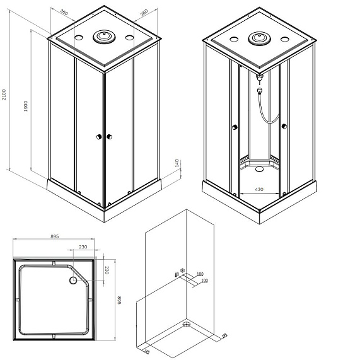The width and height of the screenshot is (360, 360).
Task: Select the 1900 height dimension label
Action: (26, 107)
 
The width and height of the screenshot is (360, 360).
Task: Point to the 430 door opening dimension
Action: (258, 189)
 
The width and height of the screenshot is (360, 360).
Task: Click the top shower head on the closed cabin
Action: (103, 37)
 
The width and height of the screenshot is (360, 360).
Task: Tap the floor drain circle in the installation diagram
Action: (186, 325)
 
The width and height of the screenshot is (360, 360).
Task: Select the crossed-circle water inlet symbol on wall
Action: (183, 271)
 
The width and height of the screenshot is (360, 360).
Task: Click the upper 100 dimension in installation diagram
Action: (199, 274)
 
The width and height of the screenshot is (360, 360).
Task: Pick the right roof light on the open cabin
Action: (285, 39)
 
